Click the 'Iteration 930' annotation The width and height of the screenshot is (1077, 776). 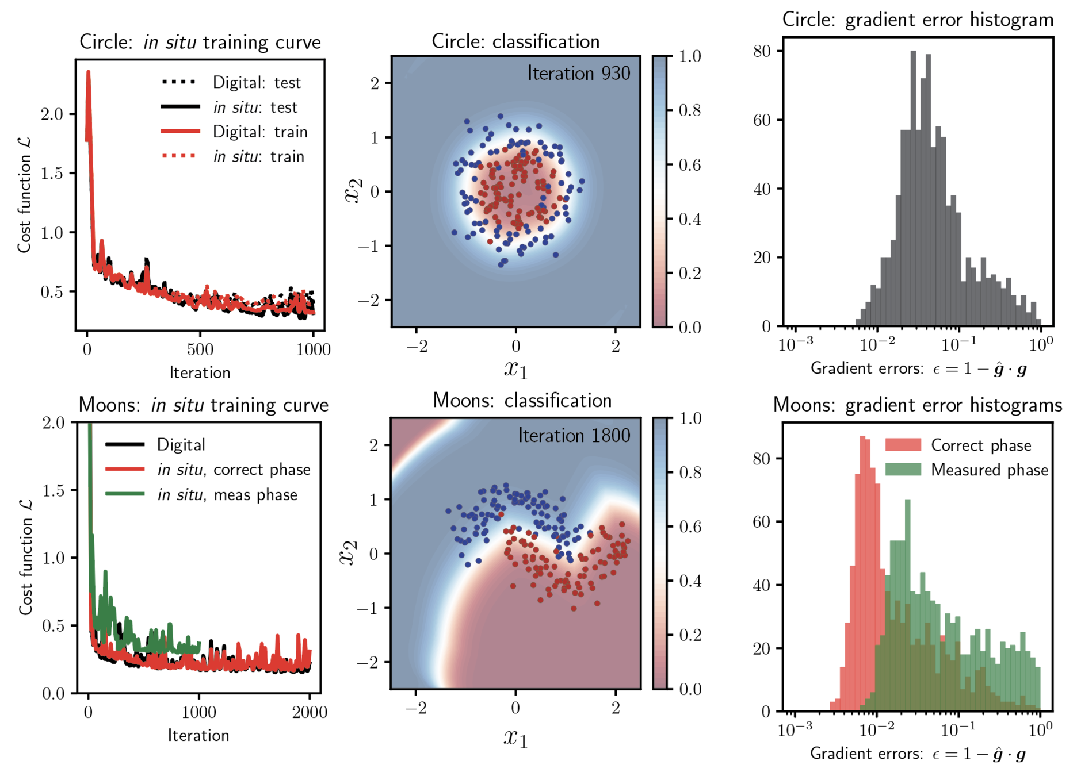[578, 74]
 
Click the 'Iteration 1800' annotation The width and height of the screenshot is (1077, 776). [574, 436]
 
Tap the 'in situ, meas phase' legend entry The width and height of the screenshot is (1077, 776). [227, 495]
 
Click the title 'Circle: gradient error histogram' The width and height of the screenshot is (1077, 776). [918, 20]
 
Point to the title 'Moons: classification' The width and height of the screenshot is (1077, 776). [522, 401]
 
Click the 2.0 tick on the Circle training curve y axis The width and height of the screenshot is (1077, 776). [52, 114]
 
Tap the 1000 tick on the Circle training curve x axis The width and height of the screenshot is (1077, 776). [313, 349]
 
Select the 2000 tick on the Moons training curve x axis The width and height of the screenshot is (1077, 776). [310, 713]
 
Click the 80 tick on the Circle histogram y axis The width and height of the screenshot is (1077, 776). [762, 51]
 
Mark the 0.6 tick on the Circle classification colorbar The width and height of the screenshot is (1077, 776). [689, 165]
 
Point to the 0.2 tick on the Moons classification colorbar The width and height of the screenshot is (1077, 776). [690, 635]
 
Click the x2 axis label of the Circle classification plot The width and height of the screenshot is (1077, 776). [354, 191]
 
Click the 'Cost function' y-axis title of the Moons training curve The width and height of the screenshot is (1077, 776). [25, 558]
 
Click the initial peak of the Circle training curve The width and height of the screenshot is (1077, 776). [88, 72]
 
